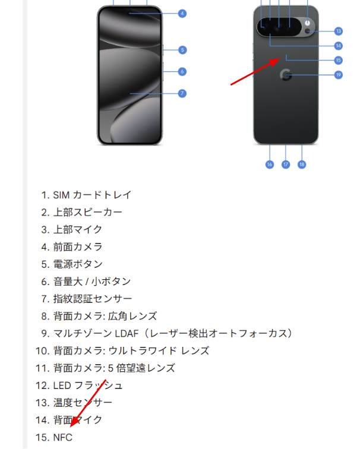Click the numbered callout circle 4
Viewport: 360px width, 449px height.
click(x=182, y=14)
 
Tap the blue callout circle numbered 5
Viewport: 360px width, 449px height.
click(x=182, y=50)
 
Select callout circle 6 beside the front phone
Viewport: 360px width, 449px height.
click(x=182, y=72)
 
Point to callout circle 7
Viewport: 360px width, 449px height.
click(x=182, y=93)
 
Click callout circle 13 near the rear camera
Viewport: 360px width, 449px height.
click(x=339, y=31)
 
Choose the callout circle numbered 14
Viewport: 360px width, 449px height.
click(x=339, y=46)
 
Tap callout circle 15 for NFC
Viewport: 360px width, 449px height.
click(x=339, y=60)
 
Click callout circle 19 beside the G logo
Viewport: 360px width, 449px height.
click(x=339, y=75)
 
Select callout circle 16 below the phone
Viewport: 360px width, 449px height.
click(x=270, y=165)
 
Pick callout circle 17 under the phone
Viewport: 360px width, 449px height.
click(x=286, y=165)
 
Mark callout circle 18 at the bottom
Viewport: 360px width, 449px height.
click(x=302, y=165)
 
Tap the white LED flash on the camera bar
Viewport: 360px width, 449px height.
click(x=307, y=23)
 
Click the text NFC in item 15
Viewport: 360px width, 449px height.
click(x=63, y=437)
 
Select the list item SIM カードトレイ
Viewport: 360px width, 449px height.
click(x=92, y=195)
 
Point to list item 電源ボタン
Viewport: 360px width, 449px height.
click(x=78, y=264)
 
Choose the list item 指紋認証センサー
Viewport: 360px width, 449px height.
click(x=93, y=299)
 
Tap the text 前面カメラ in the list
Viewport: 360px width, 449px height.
click(x=78, y=247)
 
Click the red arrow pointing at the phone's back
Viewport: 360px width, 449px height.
click(x=255, y=72)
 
